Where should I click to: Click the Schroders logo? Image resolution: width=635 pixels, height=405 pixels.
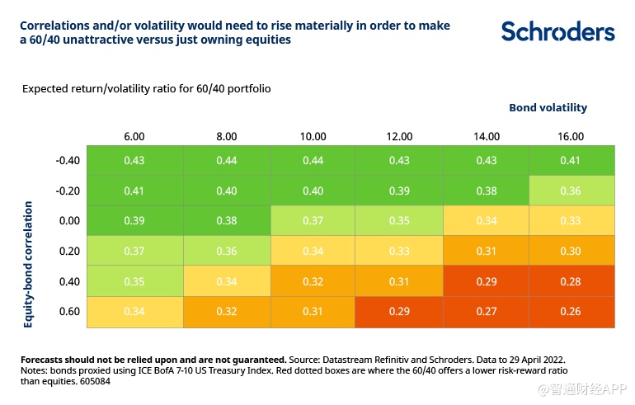(557, 31)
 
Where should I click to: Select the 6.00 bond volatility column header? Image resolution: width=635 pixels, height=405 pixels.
(134, 136)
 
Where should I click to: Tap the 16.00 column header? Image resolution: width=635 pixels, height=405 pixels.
(571, 136)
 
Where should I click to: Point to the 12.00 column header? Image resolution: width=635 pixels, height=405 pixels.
(399, 136)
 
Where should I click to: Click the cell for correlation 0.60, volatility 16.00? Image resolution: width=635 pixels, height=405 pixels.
(571, 312)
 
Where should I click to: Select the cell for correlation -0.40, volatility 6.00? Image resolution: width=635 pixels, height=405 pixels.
(134, 160)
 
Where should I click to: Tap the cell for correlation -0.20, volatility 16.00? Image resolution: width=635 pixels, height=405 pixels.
(571, 191)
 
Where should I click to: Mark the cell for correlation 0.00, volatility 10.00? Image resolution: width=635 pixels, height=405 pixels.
(313, 220)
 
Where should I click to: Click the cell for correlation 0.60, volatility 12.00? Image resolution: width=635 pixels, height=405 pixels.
(399, 312)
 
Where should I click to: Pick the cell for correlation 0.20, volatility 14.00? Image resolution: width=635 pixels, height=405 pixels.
(487, 251)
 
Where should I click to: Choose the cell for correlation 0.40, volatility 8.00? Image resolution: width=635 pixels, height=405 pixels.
(227, 281)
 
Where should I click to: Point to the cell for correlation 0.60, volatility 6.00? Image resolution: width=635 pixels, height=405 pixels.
(134, 312)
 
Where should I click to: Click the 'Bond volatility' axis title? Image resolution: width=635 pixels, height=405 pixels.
(548, 107)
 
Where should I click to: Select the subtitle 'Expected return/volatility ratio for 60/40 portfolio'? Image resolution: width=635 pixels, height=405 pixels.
(147, 88)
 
